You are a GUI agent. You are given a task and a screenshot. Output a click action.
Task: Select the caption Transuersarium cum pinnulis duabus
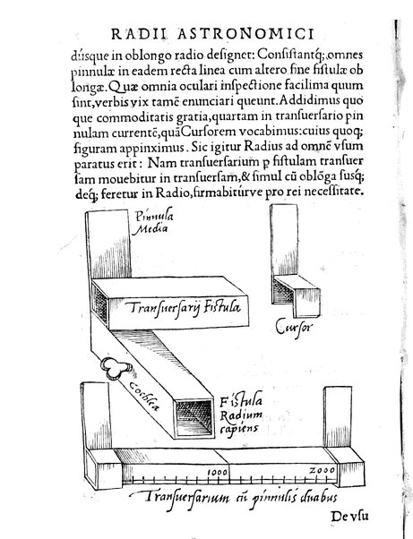[x=225, y=496]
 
